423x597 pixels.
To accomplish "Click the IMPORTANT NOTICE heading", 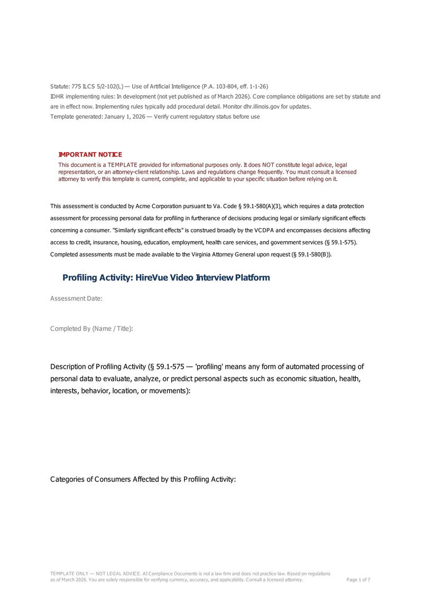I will (x=90, y=154).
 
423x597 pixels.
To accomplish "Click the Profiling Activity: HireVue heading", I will (x=166, y=278).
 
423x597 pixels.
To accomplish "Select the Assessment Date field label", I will (x=76, y=299).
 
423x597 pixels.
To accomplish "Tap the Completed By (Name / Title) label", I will (x=91, y=329).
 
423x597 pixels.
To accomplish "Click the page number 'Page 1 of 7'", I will (x=358, y=580).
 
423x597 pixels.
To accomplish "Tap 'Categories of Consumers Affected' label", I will (x=143, y=479).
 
